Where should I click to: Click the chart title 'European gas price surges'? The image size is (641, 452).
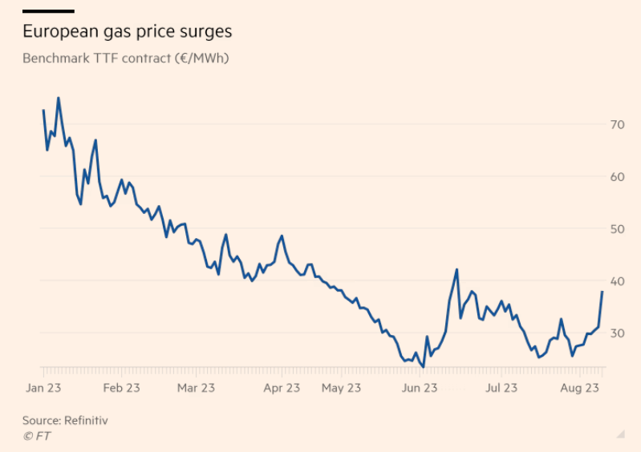click(x=128, y=32)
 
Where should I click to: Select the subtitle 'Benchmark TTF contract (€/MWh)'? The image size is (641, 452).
click(x=126, y=59)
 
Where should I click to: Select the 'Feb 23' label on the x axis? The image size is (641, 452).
click(x=121, y=388)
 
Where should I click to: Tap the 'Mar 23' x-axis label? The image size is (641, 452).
click(x=196, y=388)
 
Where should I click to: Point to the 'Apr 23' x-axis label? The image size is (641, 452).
click(x=282, y=388)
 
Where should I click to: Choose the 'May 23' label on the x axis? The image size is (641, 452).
click(x=341, y=388)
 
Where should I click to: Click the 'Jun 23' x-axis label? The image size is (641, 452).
click(x=419, y=388)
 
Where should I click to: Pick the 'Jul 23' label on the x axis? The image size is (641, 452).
click(x=501, y=388)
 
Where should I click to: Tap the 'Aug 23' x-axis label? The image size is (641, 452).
click(x=580, y=388)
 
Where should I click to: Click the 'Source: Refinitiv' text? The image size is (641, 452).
click(x=65, y=420)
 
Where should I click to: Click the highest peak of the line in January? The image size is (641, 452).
click(x=58, y=98)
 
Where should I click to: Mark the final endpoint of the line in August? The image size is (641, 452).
click(x=602, y=292)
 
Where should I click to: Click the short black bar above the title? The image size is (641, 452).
click(x=48, y=11)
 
